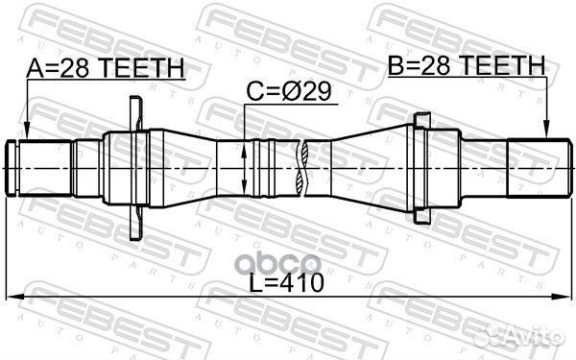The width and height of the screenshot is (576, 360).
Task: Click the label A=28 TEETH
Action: click(x=106, y=68)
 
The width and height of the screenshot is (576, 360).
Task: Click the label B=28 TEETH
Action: click(x=467, y=65)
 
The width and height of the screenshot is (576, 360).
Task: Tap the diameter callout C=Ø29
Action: click(x=289, y=92)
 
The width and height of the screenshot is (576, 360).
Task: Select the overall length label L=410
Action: click(x=286, y=283)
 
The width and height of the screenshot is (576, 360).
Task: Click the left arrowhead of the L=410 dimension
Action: click(x=15, y=297)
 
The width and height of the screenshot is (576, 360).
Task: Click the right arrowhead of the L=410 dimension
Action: click(x=563, y=297)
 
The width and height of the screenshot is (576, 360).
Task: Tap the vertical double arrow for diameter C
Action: click(x=244, y=168)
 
